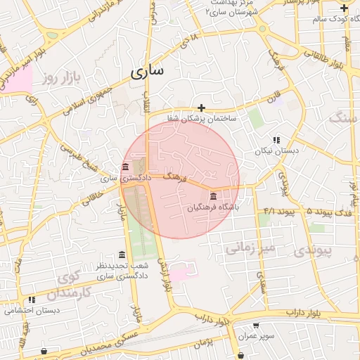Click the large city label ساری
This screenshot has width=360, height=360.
pyautogui.click(x=147, y=71)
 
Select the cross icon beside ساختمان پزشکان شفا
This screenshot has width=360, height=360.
pyautogui.click(x=202, y=108)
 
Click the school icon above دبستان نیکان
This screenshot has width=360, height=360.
pyautogui.click(x=276, y=140)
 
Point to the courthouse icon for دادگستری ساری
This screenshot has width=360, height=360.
pyautogui.click(x=125, y=167)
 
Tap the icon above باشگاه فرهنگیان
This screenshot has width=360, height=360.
pyautogui.click(x=213, y=195)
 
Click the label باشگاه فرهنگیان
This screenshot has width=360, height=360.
pyautogui.click(x=213, y=208)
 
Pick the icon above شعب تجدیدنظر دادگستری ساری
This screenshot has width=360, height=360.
pyautogui.click(x=122, y=255)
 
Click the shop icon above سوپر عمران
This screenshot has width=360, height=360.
pyautogui.click(x=255, y=326)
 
